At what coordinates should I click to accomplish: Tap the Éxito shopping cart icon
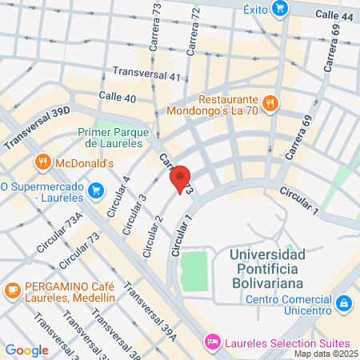click(279, 10)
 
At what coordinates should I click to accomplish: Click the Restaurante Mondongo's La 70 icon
click(270, 102)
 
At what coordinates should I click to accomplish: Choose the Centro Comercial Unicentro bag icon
click(343, 303)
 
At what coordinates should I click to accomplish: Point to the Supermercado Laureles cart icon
click(97, 190)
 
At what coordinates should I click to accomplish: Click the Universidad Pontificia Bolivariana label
click(267, 269)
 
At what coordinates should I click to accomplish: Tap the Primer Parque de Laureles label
click(110, 138)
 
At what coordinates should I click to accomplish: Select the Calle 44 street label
click(334, 15)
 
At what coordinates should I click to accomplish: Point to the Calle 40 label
click(117, 97)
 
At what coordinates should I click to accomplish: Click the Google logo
click(26, 350)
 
